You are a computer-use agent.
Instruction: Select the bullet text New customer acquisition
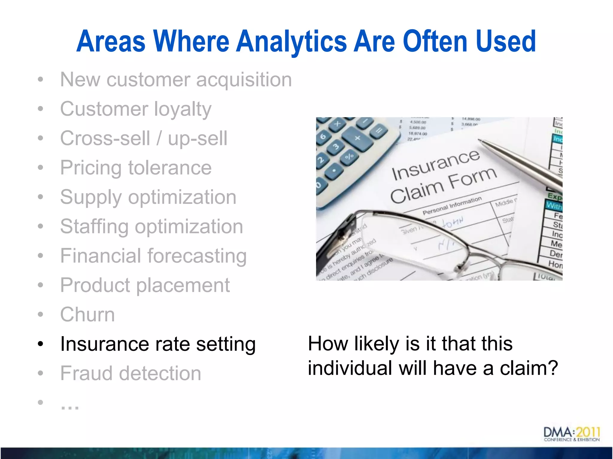[176, 80]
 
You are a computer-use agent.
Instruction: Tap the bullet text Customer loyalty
[136, 109]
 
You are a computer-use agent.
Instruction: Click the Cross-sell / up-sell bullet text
[144, 138]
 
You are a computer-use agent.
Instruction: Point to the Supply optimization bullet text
[148, 197]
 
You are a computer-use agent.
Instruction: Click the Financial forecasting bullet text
[153, 256]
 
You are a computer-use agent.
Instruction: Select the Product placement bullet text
[145, 285]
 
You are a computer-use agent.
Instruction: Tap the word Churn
[87, 315]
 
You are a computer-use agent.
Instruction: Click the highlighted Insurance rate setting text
[158, 344]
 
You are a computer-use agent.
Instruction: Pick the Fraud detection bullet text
[131, 374]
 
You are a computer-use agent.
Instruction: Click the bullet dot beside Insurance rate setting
[41, 344]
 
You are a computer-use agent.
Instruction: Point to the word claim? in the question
[529, 368]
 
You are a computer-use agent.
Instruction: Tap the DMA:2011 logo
[571, 434]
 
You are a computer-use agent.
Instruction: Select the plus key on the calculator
[357, 138]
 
